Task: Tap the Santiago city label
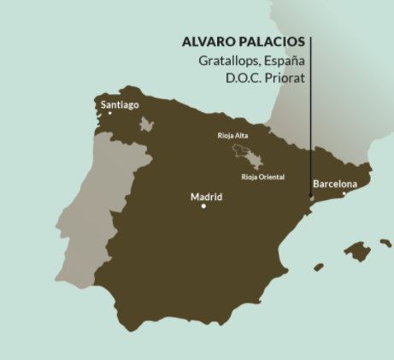(x=120, y=105)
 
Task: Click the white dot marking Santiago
(x=109, y=113)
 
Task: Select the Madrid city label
(x=206, y=197)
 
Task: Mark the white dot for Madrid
(x=203, y=206)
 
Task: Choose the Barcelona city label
(x=335, y=184)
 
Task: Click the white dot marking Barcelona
(x=344, y=193)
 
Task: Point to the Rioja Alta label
(x=232, y=135)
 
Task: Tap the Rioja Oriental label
(x=262, y=177)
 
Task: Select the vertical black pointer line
(x=310, y=120)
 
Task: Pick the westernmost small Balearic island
(x=319, y=268)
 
